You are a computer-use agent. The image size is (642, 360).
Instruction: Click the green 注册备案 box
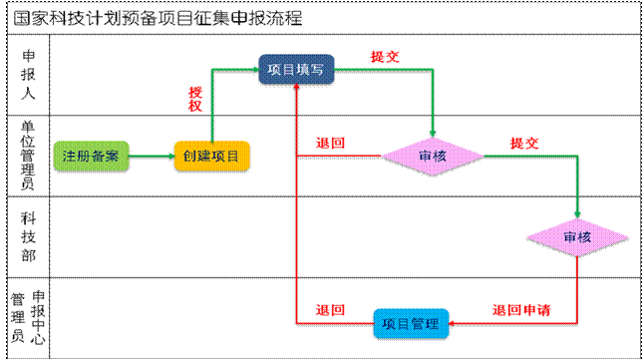coord(91,156)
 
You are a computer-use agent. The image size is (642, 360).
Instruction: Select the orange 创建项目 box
coord(211,156)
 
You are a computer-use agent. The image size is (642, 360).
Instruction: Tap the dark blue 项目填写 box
coord(297,69)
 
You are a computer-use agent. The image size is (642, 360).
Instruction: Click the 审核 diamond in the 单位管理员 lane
coord(433,156)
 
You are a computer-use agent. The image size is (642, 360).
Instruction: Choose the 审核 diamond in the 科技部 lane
coord(577,236)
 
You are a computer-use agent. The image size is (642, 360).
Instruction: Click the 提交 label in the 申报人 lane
coord(385,57)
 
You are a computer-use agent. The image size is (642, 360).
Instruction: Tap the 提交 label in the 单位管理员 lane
coord(524,144)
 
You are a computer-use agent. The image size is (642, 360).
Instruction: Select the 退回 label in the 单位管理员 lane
coord(330,144)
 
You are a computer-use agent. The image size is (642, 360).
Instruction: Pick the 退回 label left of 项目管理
coord(330,310)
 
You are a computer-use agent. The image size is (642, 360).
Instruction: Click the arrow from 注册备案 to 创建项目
coord(151,156)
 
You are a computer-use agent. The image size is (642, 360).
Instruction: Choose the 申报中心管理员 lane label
coord(28,316)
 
